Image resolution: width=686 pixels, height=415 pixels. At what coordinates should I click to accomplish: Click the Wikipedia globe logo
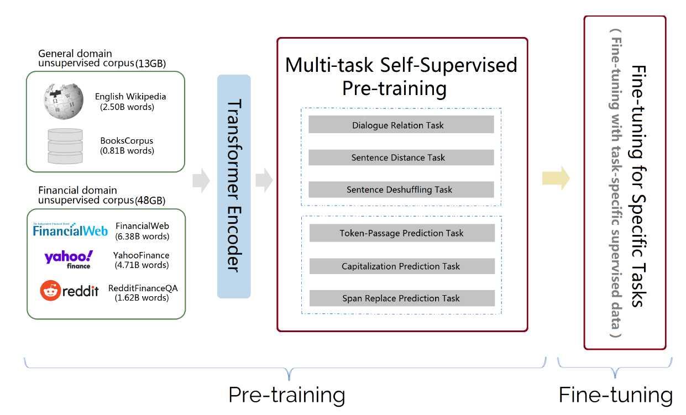(64, 101)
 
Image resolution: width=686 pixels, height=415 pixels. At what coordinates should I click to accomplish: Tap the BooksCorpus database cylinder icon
(65, 146)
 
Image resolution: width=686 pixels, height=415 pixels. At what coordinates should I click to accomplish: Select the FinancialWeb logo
(70, 229)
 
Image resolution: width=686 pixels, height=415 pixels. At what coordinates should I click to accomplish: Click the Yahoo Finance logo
(69, 260)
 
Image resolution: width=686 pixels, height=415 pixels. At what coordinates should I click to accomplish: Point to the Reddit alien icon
(50, 291)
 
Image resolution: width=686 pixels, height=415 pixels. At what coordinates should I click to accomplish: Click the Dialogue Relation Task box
(401, 124)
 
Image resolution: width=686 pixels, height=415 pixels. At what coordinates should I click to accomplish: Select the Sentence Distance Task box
(401, 157)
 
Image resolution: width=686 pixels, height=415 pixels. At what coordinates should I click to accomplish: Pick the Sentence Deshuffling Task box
(401, 190)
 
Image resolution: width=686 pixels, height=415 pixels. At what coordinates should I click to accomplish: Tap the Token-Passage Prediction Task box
(402, 233)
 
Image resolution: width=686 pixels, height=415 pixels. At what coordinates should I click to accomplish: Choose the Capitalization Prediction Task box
(402, 266)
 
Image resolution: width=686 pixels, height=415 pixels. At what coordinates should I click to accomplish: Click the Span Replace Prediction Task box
(402, 298)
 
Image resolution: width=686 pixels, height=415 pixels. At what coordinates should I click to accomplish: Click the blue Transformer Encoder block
(234, 186)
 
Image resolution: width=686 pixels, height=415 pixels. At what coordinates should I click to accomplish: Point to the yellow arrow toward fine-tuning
(556, 178)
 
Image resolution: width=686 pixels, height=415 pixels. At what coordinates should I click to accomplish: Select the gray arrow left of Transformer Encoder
(201, 181)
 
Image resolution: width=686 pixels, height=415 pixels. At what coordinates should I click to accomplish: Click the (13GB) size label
(151, 64)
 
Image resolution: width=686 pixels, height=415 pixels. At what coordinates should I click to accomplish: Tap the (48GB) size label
(150, 201)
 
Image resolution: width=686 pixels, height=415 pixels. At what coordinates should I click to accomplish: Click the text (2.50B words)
(127, 107)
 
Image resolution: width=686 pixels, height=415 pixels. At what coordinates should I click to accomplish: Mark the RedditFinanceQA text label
(143, 288)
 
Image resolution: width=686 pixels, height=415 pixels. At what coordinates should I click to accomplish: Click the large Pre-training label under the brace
(287, 395)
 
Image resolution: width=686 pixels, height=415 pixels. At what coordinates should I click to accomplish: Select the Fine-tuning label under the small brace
(616, 395)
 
